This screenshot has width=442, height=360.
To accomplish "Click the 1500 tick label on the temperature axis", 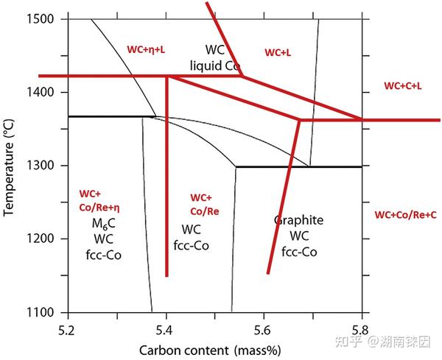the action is coord(40,19).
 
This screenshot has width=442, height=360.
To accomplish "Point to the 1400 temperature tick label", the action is coord(40,92).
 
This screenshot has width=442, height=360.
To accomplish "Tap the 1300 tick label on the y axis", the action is coord(40,166).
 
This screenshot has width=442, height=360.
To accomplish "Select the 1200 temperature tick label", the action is coord(40,239).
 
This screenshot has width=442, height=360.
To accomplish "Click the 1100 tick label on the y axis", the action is coord(40,312).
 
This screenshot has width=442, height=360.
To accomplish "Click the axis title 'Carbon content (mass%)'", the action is coord(210,351).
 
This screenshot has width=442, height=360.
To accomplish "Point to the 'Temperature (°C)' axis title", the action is coord(8,168).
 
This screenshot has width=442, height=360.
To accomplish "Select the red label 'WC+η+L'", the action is coord(146,49).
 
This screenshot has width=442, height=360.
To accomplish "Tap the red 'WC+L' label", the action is coord(278,52).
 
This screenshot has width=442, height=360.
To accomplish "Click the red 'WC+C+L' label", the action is coord(403,86).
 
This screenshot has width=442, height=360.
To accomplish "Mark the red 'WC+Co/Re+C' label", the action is coord(406,215).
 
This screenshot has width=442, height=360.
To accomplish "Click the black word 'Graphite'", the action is coord(298,220).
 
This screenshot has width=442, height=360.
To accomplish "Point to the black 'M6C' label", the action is coord(104,224).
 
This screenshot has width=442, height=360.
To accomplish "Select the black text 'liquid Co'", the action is coord(215,66).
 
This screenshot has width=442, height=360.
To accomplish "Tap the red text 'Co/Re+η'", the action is coord(99,208).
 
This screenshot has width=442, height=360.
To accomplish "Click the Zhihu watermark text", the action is coord(383,342).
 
